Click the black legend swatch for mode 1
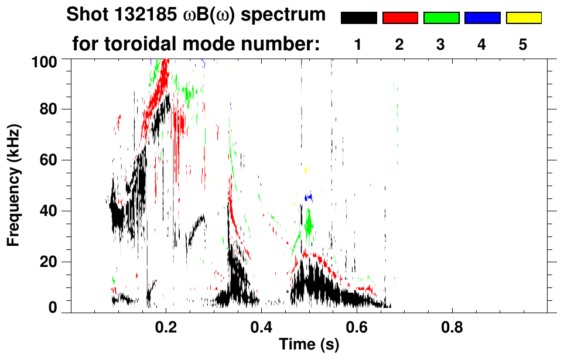(x=358, y=18)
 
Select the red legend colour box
(x=400, y=18)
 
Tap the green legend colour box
(x=441, y=18)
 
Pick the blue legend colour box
(x=482, y=18)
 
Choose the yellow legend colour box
(x=523, y=18)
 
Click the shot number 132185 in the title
(x=132, y=15)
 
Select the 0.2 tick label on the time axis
(x=166, y=326)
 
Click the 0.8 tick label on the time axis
(x=452, y=326)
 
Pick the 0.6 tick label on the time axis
(x=357, y=326)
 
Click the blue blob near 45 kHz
(x=307, y=197)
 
